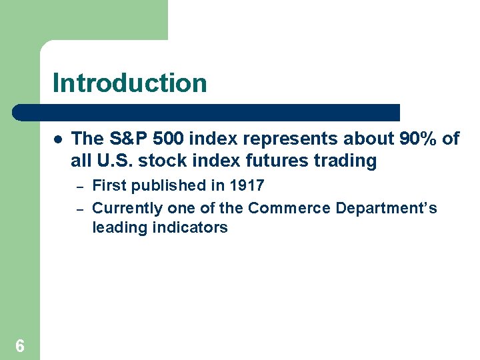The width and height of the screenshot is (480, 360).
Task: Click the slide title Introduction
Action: pyautogui.click(x=129, y=83)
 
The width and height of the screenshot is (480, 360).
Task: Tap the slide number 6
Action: pyautogui.click(x=20, y=345)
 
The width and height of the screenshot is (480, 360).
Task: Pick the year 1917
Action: pyautogui.click(x=247, y=185)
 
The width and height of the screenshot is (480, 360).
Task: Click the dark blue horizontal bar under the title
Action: pyautogui.click(x=207, y=112)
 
